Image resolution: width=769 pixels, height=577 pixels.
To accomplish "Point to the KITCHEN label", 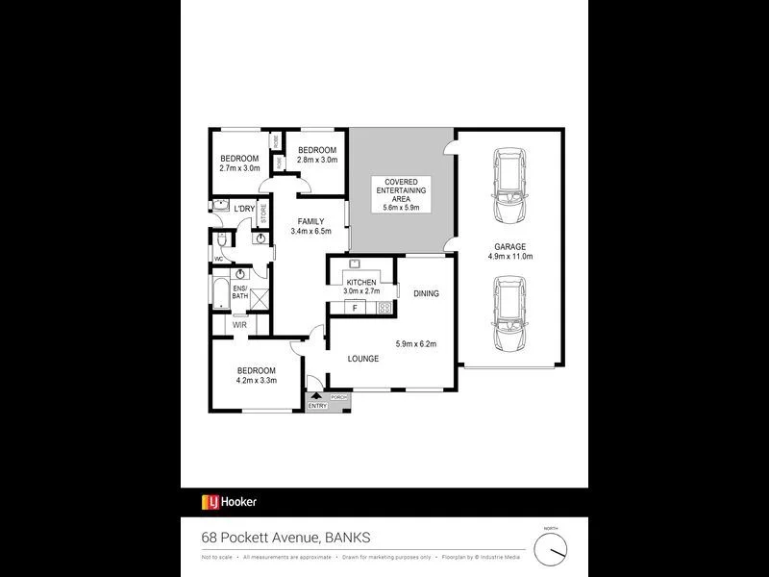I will click(x=361, y=283).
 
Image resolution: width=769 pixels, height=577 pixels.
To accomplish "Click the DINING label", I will click(x=426, y=294).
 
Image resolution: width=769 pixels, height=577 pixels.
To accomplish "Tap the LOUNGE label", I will click(x=363, y=359).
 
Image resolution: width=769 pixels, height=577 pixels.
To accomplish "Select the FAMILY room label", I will click(x=310, y=222).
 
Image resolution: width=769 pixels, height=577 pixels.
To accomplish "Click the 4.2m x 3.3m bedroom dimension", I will click(x=256, y=381).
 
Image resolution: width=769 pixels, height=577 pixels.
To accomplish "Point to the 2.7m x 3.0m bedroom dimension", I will click(x=239, y=169).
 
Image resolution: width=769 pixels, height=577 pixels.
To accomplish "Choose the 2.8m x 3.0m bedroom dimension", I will click(x=316, y=161).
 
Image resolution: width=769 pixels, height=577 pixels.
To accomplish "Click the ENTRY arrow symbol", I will click(x=314, y=396).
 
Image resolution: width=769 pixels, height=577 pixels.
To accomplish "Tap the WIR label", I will click(x=239, y=325).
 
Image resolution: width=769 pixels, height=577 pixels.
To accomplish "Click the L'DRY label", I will click(x=244, y=208).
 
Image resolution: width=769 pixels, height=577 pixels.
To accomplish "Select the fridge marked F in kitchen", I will click(x=356, y=308).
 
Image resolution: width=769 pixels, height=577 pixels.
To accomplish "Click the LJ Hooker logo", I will click(x=229, y=501).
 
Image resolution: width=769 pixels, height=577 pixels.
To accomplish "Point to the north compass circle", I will click(x=551, y=548).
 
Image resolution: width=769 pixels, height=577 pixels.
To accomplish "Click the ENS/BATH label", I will click(x=240, y=294).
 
